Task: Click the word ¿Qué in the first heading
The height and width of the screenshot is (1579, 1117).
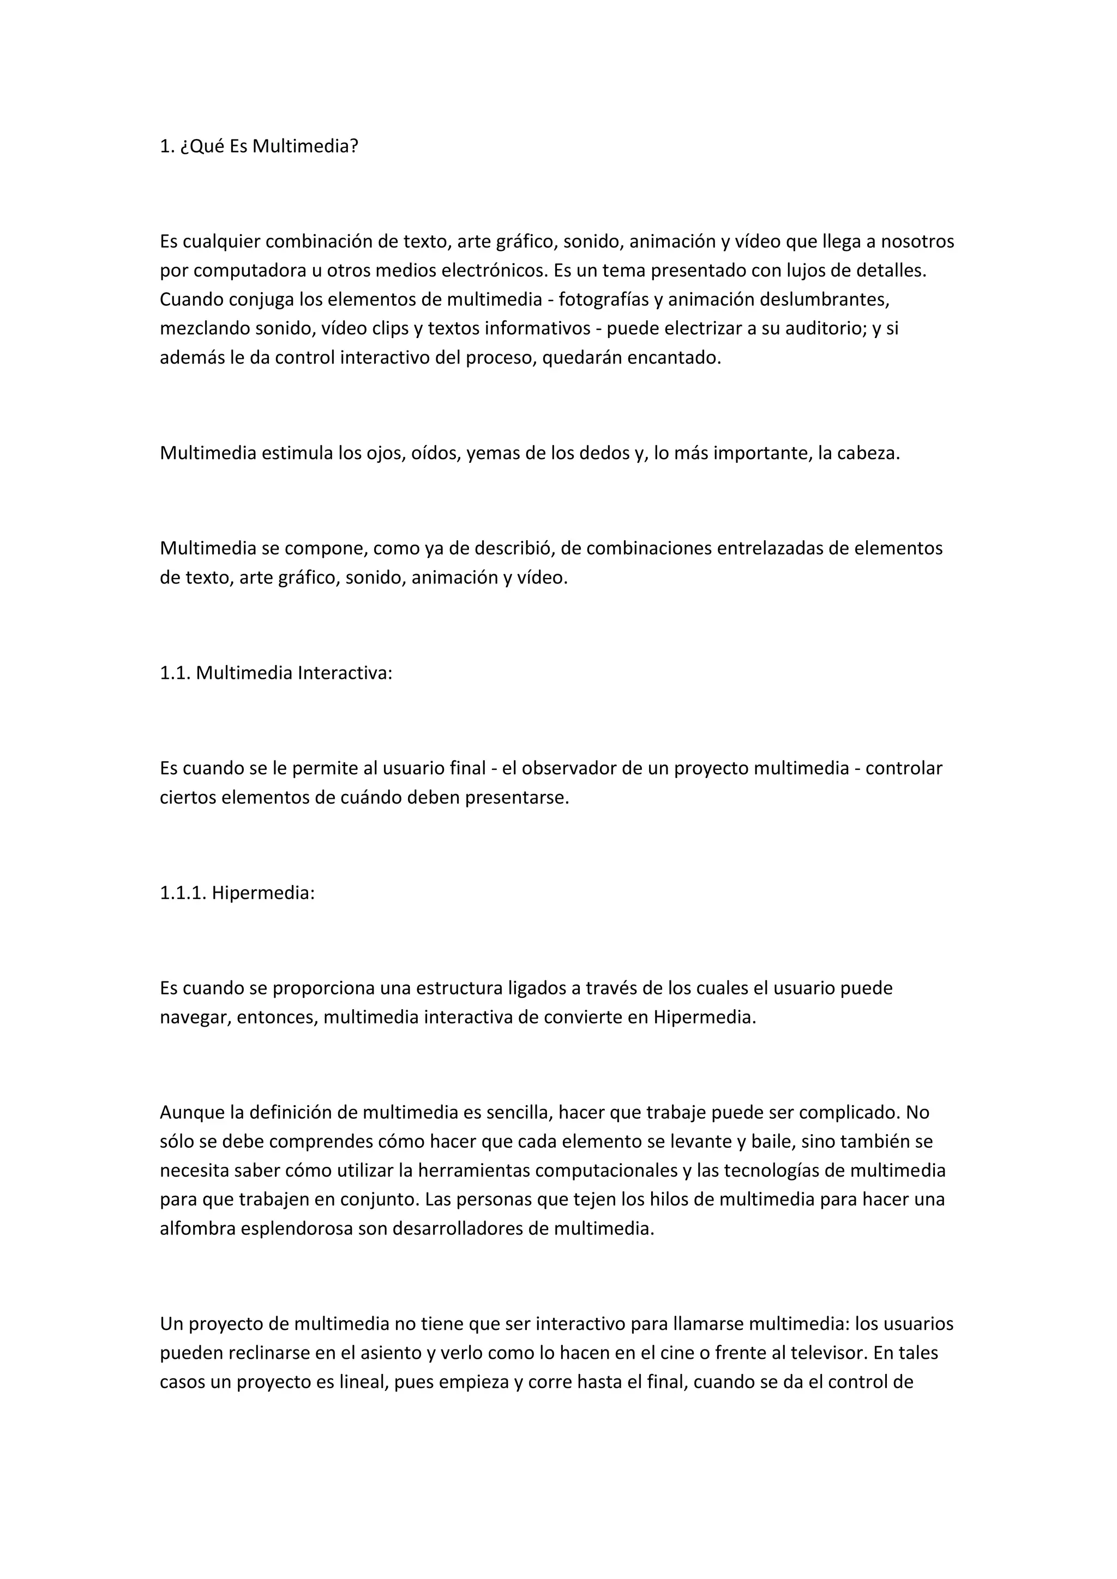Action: [201, 147]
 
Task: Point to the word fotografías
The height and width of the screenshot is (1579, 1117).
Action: [603, 300]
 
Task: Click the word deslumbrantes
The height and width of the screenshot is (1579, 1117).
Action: [819, 300]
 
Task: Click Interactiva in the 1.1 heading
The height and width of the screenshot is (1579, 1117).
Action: [345, 673]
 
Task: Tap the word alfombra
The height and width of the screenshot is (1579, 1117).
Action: [197, 1228]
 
